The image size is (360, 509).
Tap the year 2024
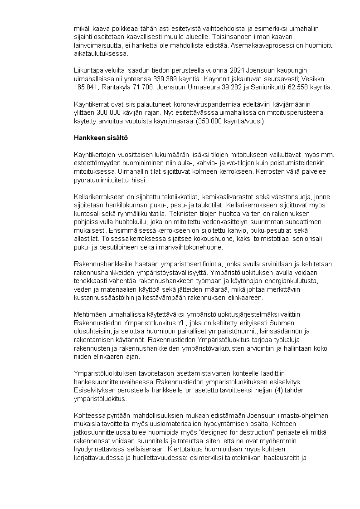click(238, 70)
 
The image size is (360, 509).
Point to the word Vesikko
click(321, 78)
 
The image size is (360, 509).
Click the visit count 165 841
click(86, 87)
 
